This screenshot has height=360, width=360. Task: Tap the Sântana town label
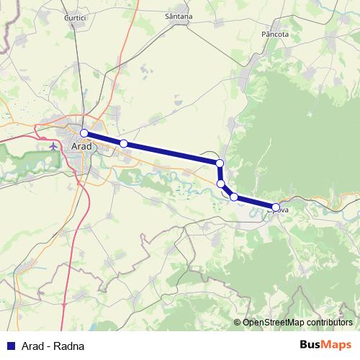(x=179, y=16)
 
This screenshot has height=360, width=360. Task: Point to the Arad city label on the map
(x=82, y=146)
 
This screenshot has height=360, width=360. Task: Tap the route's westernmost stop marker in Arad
(x=84, y=133)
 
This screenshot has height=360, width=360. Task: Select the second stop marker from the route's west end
(x=124, y=144)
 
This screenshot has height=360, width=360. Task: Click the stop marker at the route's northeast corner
(x=220, y=164)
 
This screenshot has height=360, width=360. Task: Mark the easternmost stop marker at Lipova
(x=275, y=207)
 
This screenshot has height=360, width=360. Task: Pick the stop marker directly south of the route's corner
(x=220, y=184)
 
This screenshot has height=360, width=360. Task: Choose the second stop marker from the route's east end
(x=234, y=197)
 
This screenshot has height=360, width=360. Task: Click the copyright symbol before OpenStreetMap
(x=238, y=323)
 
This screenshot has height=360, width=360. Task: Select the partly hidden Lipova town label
(x=283, y=210)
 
